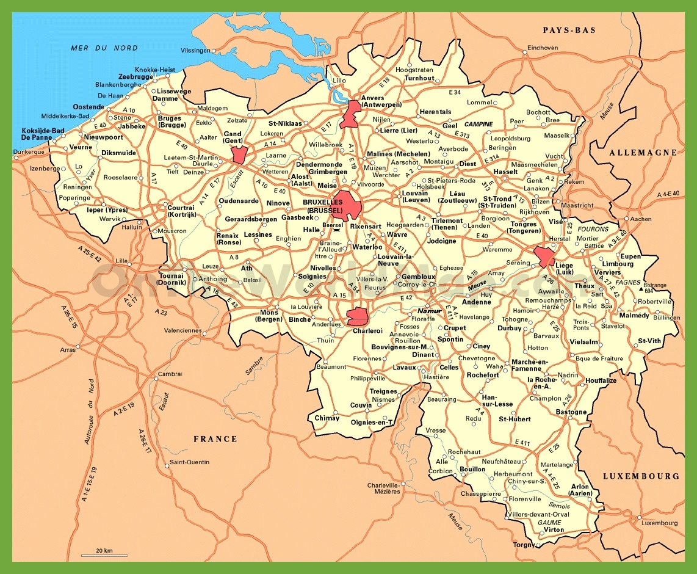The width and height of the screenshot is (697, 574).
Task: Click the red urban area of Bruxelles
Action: coord(346,205)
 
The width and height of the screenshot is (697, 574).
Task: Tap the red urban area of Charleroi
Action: coord(356,316)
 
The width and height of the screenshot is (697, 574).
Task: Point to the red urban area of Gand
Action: coord(239,153)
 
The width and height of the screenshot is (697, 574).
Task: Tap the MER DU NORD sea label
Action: coord(104,48)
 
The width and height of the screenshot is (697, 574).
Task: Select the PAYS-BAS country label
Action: coord(568,30)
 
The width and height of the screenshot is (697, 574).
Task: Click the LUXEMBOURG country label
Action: coord(640,476)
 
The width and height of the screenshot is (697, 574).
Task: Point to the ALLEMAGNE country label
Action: coord(642,153)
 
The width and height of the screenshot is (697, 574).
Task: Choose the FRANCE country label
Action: coord(215,438)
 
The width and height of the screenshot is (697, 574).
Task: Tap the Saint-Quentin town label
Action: coord(189,462)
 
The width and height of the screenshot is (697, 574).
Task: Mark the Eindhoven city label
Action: coord(543,48)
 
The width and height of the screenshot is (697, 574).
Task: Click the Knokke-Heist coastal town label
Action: coord(155,70)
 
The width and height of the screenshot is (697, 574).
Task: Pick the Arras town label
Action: coord(67,349)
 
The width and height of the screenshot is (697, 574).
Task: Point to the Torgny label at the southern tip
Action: coord(524,545)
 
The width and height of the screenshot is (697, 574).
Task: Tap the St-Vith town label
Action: coord(649,341)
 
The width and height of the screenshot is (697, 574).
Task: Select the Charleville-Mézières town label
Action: coord(383,488)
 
